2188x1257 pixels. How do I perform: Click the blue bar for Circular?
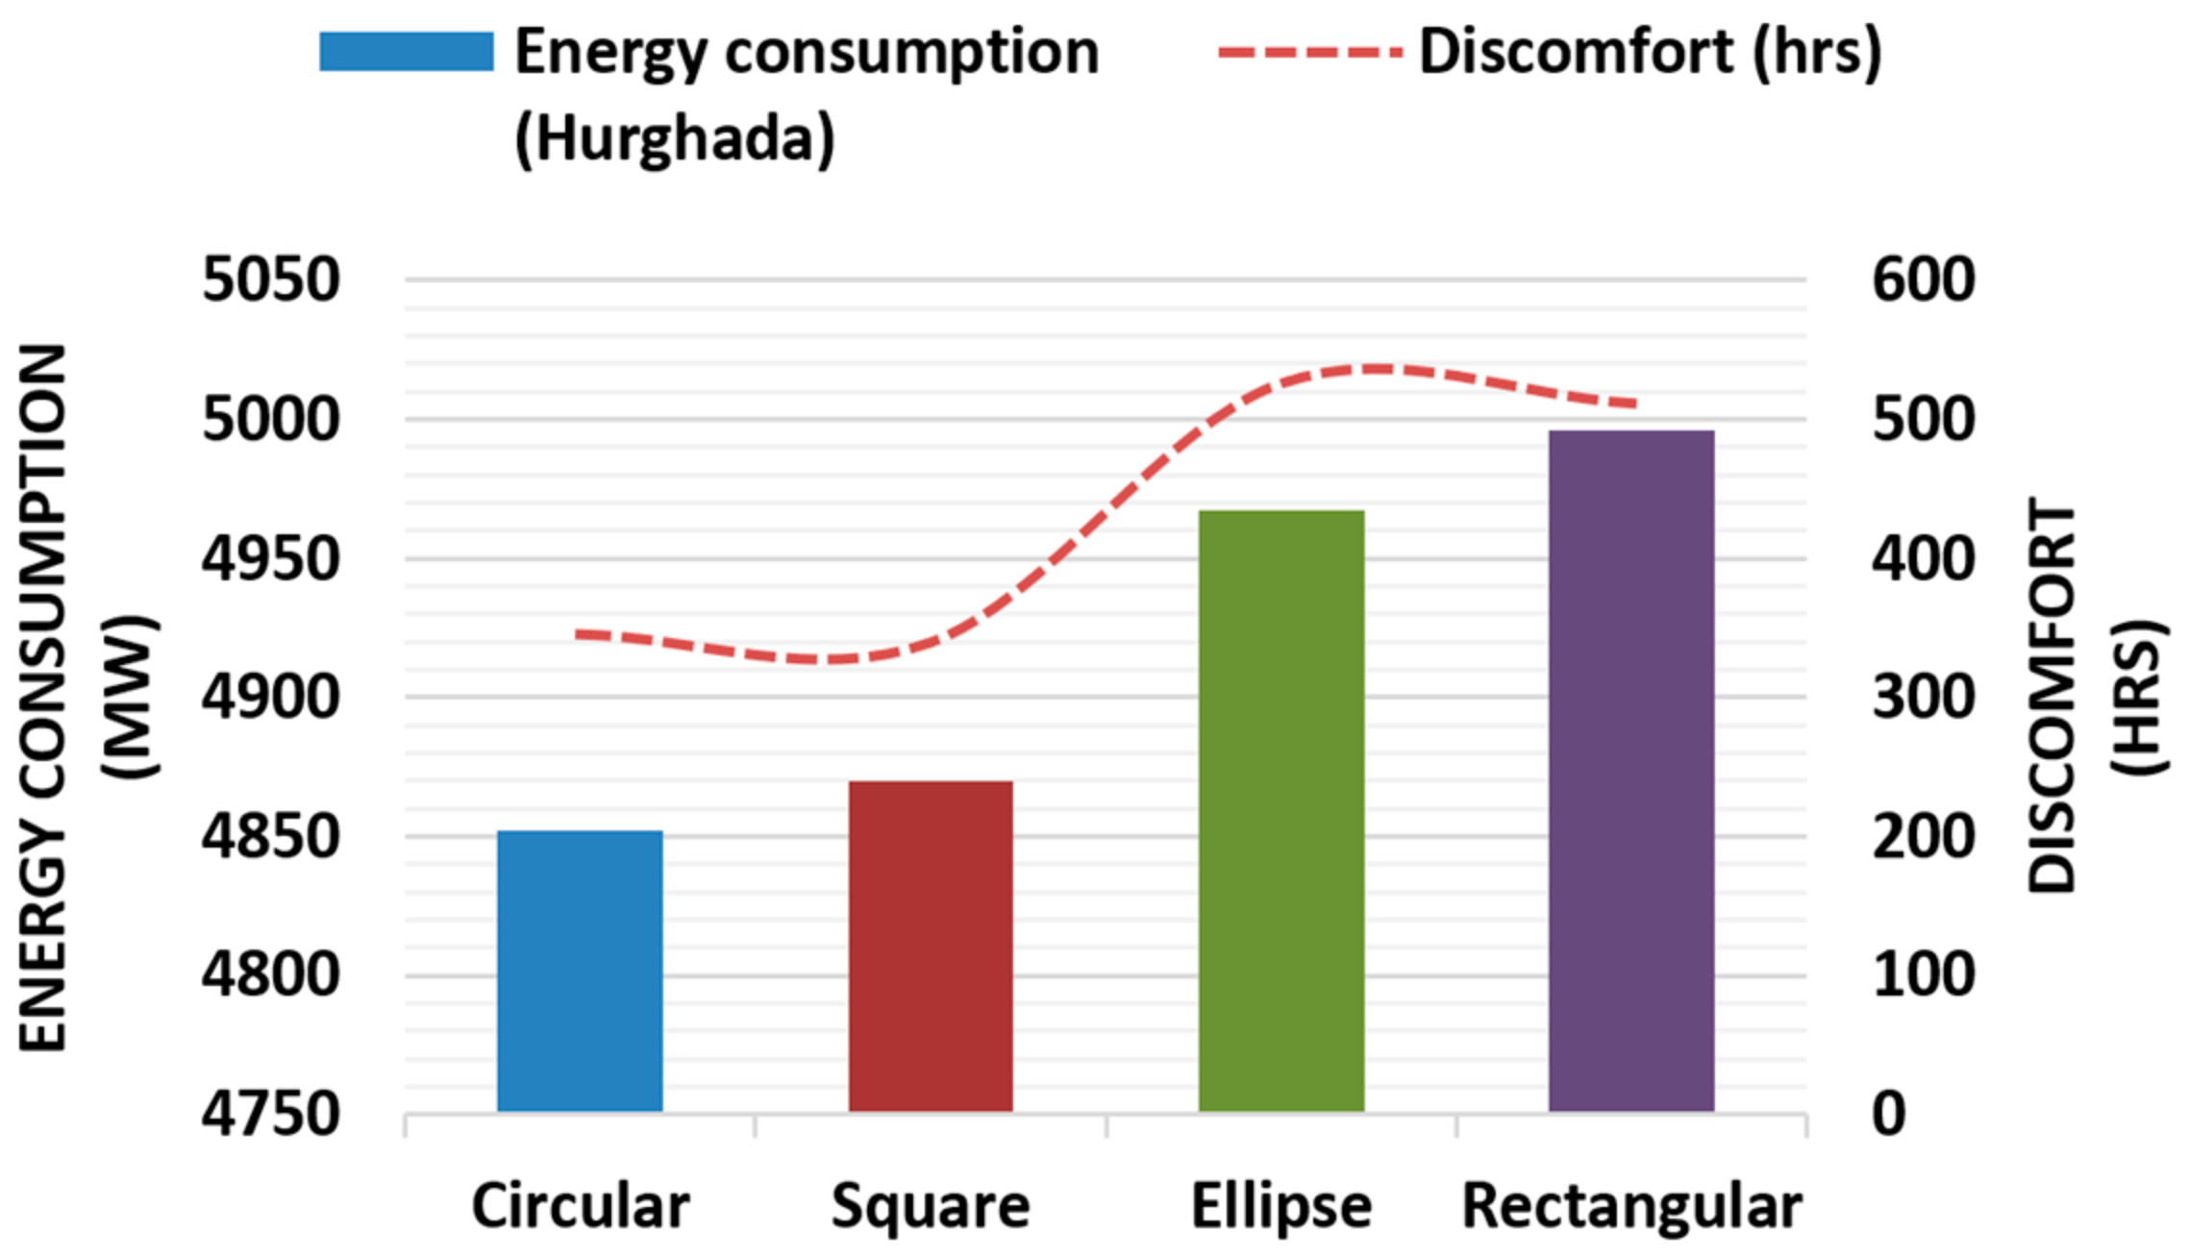[x=580, y=971]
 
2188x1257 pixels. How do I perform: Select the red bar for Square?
[x=930, y=947]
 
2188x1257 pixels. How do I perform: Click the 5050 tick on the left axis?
[x=271, y=281]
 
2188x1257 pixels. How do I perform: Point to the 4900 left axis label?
[x=271, y=698]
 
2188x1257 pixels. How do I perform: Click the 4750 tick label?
[x=271, y=1115]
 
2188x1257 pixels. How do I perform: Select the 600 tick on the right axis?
[x=1923, y=281]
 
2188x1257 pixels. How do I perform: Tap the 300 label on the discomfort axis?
[x=1923, y=698]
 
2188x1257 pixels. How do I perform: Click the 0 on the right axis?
[x=1889, y=1115]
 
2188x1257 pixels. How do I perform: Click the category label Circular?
[x=580, y=1206]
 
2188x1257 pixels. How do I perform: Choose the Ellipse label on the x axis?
[x=1280, y=1206]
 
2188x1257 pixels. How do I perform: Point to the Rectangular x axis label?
[x=1630, y=1206]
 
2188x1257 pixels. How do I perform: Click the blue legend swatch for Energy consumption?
[x=406, y=52]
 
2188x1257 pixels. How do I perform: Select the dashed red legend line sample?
[x=1309, y=52]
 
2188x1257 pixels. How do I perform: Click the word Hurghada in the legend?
[x=675, y=139]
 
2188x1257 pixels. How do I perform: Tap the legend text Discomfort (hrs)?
[x=1650, y=52]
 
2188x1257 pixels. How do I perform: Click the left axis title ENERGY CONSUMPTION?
[x=43, y=698]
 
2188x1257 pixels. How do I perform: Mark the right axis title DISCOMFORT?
[x=2052, y=698]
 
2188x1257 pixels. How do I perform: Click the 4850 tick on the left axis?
[x=271, y=837]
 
